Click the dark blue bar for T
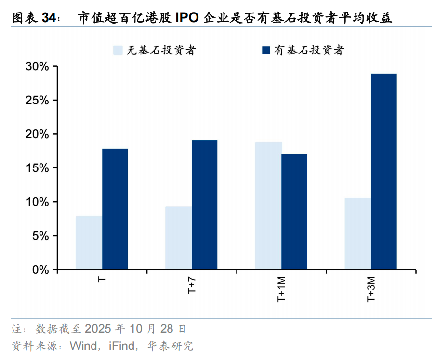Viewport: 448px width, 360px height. [x=115, y=209]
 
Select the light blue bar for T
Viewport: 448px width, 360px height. [x=89, y=243]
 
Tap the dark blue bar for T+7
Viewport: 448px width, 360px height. [x=204, y=205]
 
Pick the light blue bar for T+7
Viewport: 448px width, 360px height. [x=178, y=238]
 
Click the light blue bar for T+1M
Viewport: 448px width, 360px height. [x=268, y=206]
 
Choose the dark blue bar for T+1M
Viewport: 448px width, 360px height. [x=294, y=212]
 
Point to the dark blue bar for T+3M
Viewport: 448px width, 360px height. [x=384, y=171]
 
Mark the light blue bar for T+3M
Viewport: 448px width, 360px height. [x=358, y=233]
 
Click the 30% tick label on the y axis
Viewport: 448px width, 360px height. [x=38, y=67]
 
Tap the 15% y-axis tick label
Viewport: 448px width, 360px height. [x=38, y=168]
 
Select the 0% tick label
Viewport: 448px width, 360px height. [x=40, y=270]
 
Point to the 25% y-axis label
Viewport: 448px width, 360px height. [x=38, y=101]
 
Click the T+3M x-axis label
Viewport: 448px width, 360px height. [x=371, y=289]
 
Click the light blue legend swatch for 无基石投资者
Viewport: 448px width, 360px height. [x=118, y=50]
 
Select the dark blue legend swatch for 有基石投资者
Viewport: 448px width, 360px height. [x=265, y=50]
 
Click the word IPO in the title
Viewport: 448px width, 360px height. [x=186, y=18]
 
